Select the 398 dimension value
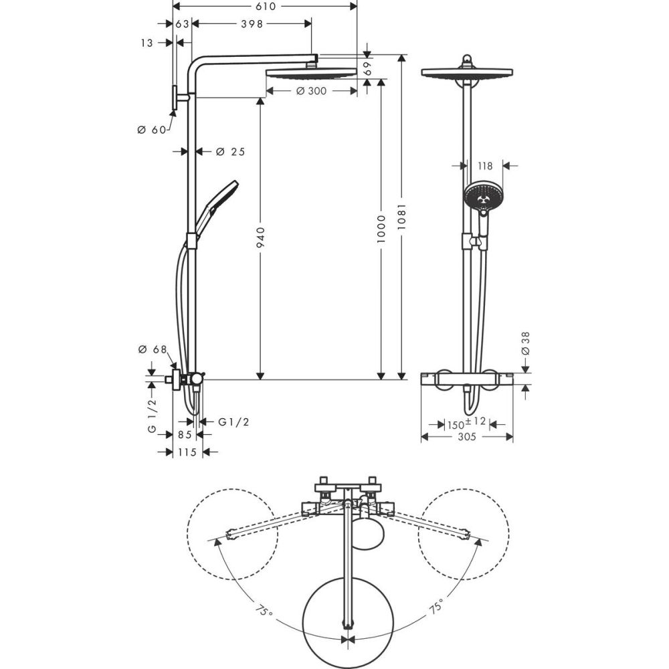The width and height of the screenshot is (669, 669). (x=248, y=24)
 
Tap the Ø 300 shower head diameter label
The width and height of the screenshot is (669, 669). (x=310, y=91)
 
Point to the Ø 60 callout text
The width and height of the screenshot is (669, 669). (x=151, y=130)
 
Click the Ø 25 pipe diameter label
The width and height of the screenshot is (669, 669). (x=230, y=152)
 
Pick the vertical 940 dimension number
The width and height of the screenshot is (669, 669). (x=261, y=240)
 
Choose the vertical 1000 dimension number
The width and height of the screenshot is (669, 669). (x=381, y=229)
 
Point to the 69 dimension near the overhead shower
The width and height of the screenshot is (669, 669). (x=367, y=68)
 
